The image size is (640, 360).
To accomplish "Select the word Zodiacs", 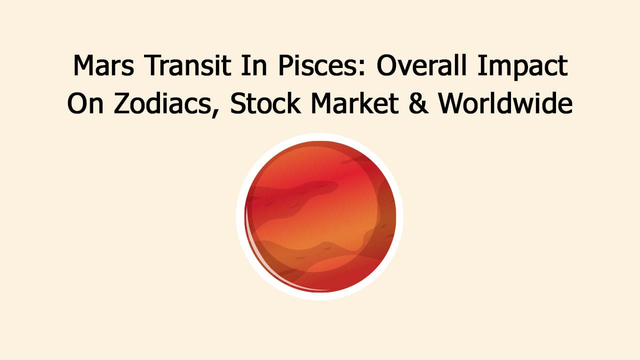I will [x=160, y=103].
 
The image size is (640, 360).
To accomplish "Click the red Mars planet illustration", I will [x=320, y=216].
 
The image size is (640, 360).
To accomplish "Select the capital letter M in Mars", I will [x=83, y=66].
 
